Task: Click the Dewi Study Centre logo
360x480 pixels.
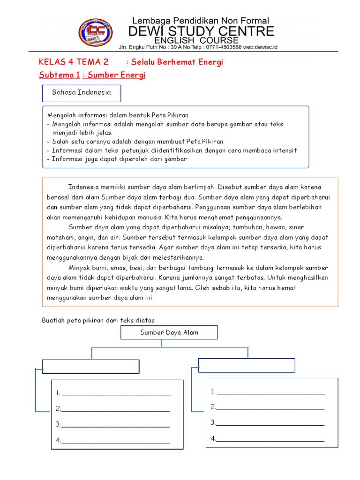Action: click(96, 33)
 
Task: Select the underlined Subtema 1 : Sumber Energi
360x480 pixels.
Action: click(92, 75)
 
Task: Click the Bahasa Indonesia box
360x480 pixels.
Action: click(82, 93)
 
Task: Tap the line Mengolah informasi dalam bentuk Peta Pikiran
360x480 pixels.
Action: click(118, 115)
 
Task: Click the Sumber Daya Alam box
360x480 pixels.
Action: click(169, 332)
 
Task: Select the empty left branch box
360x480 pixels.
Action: click(91, 366)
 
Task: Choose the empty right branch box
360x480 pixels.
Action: click(247, 365)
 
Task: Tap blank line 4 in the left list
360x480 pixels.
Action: click(115, 441)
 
